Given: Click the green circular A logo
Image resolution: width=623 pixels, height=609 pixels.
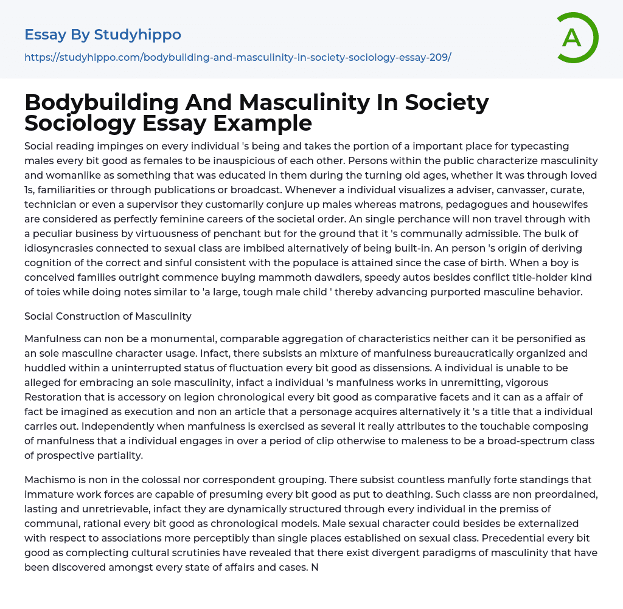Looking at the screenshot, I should click(x=576, y=38).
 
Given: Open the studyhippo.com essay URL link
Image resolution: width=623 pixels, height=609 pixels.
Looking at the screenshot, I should click(x=237, y=58).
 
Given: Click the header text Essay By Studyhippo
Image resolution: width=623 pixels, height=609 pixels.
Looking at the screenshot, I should click(x=103, y=35).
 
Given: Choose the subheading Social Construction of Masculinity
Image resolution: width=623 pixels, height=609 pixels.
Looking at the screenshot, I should click(x=108, y=316).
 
